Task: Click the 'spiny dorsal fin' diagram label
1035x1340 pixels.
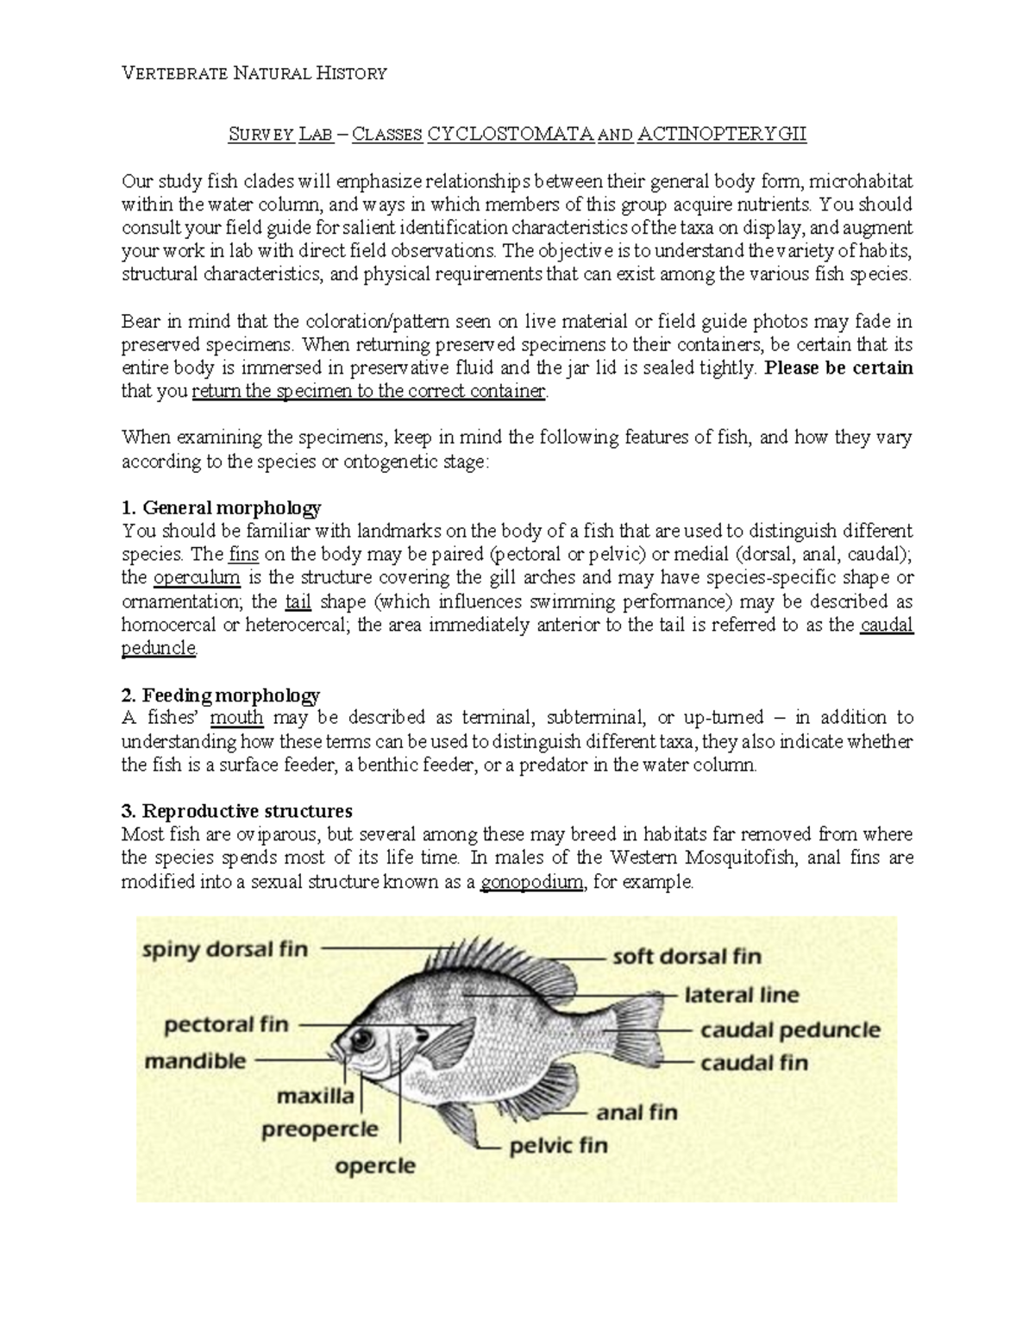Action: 224,949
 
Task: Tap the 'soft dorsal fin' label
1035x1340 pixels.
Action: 687,956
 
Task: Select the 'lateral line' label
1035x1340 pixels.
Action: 742,995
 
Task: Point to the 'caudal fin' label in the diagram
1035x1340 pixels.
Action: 754,1062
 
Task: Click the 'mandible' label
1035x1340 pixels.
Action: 195,1060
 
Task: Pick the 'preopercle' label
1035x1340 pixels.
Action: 320,1129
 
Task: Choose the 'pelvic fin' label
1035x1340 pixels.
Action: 558,1146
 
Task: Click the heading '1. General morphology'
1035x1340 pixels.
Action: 222,506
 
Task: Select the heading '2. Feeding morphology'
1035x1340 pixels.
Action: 221,695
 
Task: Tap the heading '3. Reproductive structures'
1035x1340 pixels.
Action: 237,811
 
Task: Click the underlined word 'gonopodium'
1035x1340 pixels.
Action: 531,883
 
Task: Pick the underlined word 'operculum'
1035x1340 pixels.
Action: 197,577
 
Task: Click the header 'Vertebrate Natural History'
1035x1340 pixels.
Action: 254,73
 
